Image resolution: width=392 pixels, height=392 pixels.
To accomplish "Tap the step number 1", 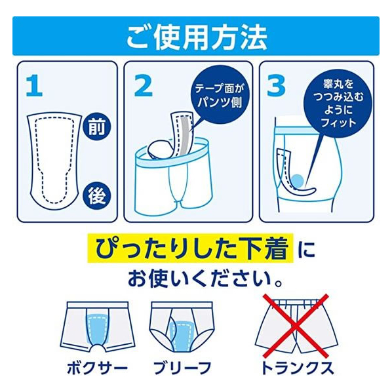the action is [34, 86].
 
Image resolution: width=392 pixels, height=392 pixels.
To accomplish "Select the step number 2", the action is [144, 86].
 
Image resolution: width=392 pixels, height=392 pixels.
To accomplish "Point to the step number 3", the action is [276, 86].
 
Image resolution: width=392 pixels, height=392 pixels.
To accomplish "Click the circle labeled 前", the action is [97, 127].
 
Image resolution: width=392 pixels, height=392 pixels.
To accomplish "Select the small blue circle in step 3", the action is [297, 181].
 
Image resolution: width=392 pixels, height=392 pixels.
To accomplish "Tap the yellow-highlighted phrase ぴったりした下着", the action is [190, 248].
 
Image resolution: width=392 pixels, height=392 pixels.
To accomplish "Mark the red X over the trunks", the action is [295, 326].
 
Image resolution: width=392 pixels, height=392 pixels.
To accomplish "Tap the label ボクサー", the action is [97, 367].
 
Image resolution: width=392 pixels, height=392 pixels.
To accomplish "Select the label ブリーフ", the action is [182, 367].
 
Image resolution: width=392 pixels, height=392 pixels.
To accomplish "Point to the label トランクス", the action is [297, 367].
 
